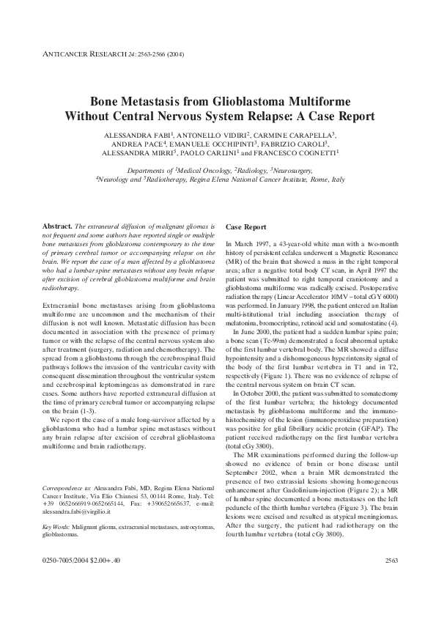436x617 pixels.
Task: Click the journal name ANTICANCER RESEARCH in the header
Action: [x=70, y=53]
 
